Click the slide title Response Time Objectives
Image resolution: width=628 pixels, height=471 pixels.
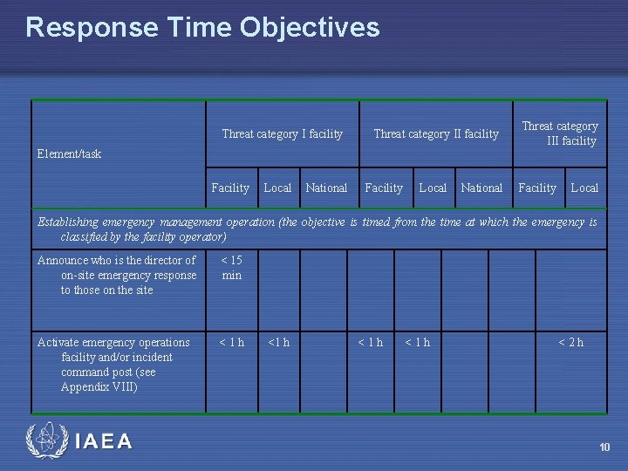point(202,27)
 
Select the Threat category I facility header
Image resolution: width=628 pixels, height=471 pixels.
point(282,133)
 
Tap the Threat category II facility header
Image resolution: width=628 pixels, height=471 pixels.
point(435,133)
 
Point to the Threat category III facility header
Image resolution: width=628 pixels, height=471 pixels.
point(559,133)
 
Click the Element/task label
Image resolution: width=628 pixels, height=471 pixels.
point(69,154)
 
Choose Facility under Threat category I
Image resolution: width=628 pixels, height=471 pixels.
point(230,188)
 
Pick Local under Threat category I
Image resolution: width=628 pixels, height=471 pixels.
point(277,188)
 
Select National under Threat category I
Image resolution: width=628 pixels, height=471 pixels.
point(326,188)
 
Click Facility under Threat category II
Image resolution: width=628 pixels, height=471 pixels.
point(384,188)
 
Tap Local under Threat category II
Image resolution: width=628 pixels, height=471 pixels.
point(433,188)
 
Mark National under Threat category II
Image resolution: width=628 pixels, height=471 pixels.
point(481,188)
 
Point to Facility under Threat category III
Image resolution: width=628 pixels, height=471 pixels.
point(537,188)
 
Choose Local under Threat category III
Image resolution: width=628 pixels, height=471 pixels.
point(584,188)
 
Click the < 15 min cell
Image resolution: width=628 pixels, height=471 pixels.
point(231,268)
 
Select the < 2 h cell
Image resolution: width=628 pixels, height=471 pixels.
point(571,342)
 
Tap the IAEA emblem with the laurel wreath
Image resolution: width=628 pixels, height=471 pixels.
point(45,440)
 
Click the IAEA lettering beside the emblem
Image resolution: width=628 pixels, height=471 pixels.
point(104,442)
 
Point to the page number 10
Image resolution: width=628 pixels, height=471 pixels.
point(604,447)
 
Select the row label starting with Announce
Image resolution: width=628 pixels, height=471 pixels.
point(117,275)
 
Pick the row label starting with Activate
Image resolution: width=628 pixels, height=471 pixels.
point(113,365)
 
